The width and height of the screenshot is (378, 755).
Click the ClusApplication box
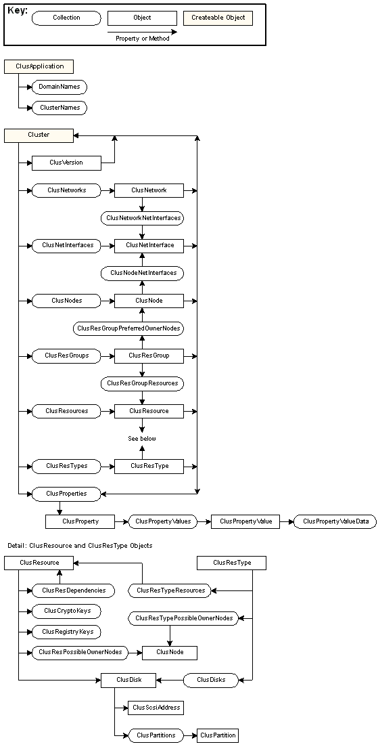pos(39,66)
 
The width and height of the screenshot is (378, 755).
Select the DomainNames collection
pos(59,87)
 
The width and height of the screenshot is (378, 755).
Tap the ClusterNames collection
pos(59,108)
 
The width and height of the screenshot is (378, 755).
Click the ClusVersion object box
pos(66,163)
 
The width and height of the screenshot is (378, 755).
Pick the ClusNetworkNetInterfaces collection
pos(143,218)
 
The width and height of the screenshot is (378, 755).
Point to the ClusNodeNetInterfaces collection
pos(143,273)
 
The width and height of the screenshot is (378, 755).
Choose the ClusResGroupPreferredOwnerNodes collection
pos(128,328)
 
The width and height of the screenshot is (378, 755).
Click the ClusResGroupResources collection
pos(143,383)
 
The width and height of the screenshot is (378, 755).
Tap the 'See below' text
pos(142,439)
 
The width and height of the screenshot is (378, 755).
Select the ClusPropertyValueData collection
pos(335,521)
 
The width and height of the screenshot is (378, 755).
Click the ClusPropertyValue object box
pos(245,521)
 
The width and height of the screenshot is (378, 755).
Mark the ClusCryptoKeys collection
pos(66,611)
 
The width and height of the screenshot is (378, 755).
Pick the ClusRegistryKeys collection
pos(66,632)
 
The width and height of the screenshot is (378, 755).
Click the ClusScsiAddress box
pos(156,708)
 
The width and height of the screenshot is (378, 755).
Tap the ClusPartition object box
pos(218,735)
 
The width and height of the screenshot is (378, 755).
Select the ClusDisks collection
pos(211,681)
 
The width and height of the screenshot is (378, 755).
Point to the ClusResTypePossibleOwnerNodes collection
pos(184,618)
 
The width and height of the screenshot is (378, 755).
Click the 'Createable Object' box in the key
pos(218,18)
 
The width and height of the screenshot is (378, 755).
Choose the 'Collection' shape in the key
pos(66,18)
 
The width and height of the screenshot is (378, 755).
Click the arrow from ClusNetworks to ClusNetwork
pos(108,191)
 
